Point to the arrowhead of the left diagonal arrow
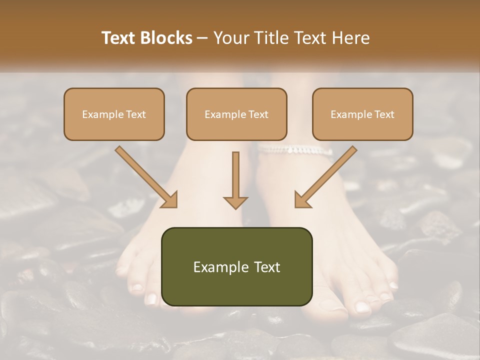[x=170, y=200]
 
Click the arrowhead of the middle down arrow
[x=235, y=202]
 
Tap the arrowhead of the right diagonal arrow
[x=302, y=200]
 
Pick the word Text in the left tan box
[x=135, y=114]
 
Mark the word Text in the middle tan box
[x=258, y=114]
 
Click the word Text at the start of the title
[x=119, y=38]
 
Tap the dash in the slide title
[x=202, y=38]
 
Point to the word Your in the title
[x=229, y=38]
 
